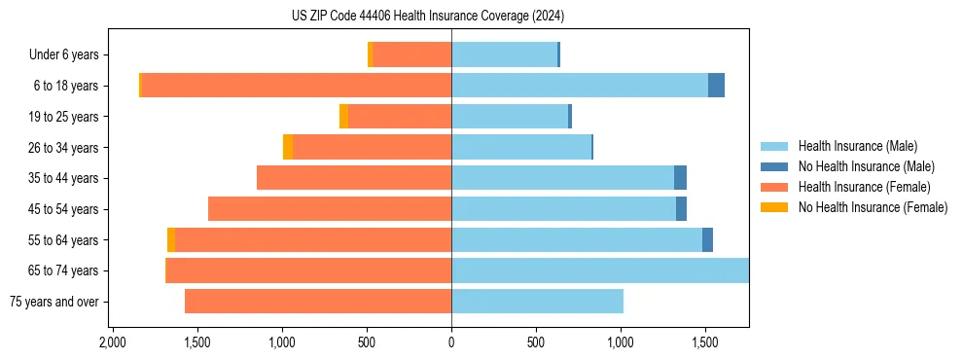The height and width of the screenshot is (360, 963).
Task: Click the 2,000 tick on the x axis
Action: tap(113, 343)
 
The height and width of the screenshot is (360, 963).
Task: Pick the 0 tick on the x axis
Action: tap(451, 343)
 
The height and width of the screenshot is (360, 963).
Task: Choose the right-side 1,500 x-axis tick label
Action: tap(705, 343)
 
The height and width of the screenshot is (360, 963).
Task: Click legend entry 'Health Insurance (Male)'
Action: tap(857, 146)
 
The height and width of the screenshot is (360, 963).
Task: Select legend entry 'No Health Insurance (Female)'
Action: tap(873, 207)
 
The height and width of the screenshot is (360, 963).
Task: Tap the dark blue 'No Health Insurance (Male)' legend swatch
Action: tap(775, 166)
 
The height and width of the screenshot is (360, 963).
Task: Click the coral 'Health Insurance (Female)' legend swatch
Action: tap(775, 187)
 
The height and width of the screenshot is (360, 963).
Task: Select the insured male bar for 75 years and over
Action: tap(537, 302)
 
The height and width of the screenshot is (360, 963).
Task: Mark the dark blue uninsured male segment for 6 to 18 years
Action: tap(716, 86)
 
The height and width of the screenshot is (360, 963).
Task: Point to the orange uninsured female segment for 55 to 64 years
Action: tap(171, 240)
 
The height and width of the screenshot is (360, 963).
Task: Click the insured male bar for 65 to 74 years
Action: tap(599, 270)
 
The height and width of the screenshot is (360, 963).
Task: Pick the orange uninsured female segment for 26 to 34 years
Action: tap(288, 148)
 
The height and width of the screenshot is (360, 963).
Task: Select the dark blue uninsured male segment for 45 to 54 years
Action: tap(681, 209)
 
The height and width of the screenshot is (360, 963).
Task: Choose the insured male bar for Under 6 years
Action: tap(504, 55)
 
